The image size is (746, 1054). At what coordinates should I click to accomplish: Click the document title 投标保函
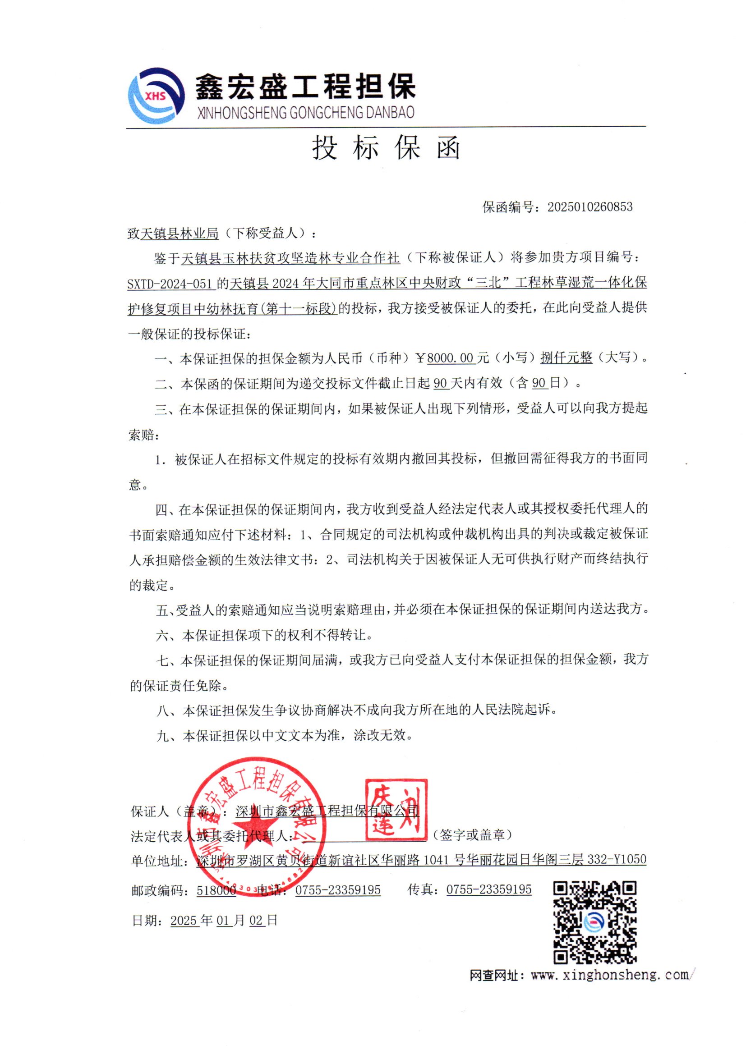387,148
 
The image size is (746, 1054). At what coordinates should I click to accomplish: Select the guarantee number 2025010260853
589,207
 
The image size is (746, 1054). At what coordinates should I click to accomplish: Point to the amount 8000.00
450,357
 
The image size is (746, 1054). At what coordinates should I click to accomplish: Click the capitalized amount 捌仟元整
566,357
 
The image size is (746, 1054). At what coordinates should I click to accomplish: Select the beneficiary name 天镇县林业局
180,234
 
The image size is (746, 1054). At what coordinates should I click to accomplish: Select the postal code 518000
216,890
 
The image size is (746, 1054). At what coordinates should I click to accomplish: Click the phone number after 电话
338,890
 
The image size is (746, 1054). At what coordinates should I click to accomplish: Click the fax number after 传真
489,889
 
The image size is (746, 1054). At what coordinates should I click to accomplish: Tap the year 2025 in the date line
184,921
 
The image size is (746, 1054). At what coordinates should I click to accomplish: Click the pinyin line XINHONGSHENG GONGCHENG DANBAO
305,112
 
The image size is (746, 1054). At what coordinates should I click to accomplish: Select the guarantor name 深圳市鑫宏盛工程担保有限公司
327,811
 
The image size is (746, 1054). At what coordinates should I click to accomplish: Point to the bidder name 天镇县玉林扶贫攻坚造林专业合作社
290,258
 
